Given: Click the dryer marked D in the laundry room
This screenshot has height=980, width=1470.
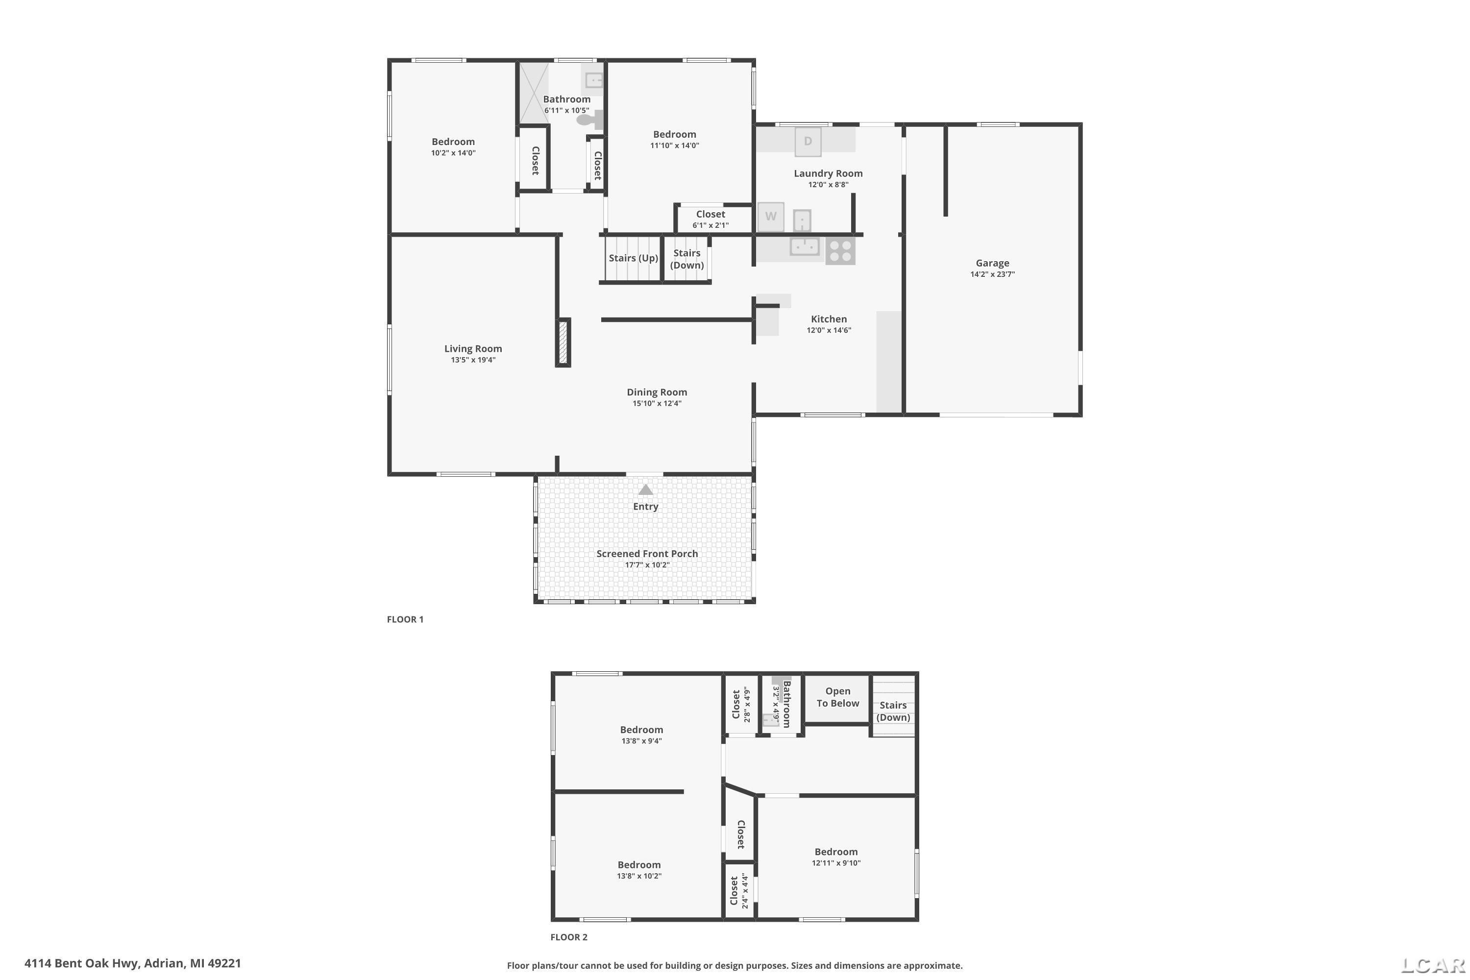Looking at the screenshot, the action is click(808, 141).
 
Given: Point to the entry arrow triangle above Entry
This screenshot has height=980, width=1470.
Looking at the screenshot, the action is click(646, 490).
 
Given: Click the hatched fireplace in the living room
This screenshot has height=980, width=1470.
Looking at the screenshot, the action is click(563, 343).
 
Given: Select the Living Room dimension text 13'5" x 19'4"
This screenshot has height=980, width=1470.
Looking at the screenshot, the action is click(473, 360).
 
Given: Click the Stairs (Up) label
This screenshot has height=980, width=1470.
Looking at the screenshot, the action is click(633, 258).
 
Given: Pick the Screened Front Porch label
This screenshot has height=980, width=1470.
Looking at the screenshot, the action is click(647, 554).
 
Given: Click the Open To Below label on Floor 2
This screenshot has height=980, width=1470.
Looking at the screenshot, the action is click(837, 697).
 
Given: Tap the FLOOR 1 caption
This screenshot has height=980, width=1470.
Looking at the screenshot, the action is click(405, 619).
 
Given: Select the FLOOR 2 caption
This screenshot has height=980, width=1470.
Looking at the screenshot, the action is click(569, 937).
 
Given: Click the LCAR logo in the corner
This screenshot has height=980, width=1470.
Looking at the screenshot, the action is click(1434, 966).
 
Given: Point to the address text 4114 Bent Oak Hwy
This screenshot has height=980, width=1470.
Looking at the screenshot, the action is click(81, 963).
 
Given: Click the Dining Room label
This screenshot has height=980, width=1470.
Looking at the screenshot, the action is click(657, 392).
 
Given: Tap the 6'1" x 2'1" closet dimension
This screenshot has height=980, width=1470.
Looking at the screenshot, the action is click(710, 225).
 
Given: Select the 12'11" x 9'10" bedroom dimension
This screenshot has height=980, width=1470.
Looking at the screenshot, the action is click(836, 863).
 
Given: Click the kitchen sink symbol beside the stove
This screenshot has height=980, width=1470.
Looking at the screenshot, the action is click(805, 247).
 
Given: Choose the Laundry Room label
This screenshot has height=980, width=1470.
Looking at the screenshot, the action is click(828, 174).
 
